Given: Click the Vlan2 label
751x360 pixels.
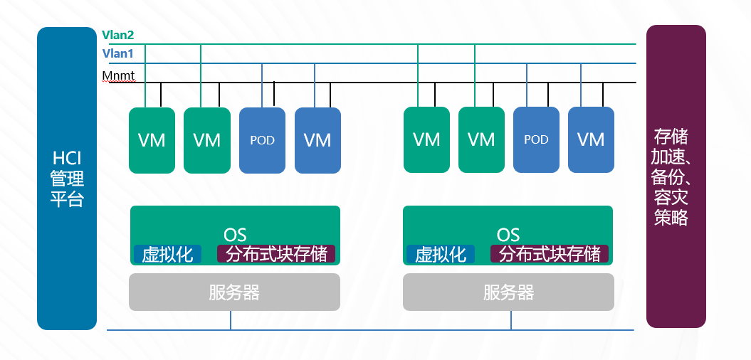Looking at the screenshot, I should coord(118,35).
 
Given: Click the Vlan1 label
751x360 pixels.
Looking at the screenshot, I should coord(118,53).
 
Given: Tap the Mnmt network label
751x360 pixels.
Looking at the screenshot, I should coord(118,75).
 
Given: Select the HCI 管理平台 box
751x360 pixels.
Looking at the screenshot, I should coord(67,179).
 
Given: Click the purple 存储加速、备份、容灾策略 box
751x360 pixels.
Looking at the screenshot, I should coord(676,176).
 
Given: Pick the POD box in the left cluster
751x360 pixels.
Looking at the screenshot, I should coord(262,140).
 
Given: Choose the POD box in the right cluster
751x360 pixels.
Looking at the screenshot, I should coord(536,140).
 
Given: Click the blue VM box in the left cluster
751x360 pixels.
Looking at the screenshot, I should coord(317,140).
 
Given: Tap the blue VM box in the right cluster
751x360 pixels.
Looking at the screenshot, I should coord(591,140).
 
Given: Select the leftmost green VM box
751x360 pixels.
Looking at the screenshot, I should coord(152,140).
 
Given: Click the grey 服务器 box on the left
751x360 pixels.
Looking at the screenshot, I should coord(234,292).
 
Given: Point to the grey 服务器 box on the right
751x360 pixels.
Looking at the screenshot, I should coord(508,292).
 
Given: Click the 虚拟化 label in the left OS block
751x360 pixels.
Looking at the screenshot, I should coord(167,254).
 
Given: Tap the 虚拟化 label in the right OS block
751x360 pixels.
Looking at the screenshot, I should coord(441,254).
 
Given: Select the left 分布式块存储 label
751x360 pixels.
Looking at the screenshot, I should coord(276,254).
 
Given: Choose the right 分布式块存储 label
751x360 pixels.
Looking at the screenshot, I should coord(550,254).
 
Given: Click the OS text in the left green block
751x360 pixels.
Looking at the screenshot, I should coord(235,234).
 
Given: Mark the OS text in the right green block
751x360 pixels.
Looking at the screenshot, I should coord(508,234).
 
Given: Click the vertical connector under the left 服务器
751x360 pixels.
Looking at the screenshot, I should coord(231,320).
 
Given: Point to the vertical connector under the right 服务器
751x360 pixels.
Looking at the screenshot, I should coord(511,320).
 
